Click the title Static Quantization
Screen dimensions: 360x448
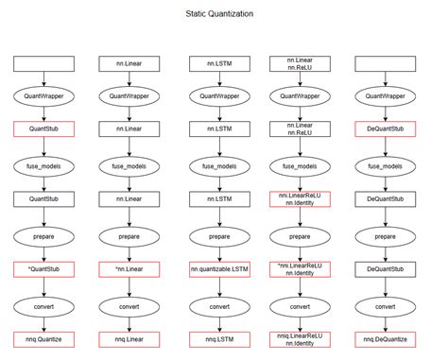[218, 16]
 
